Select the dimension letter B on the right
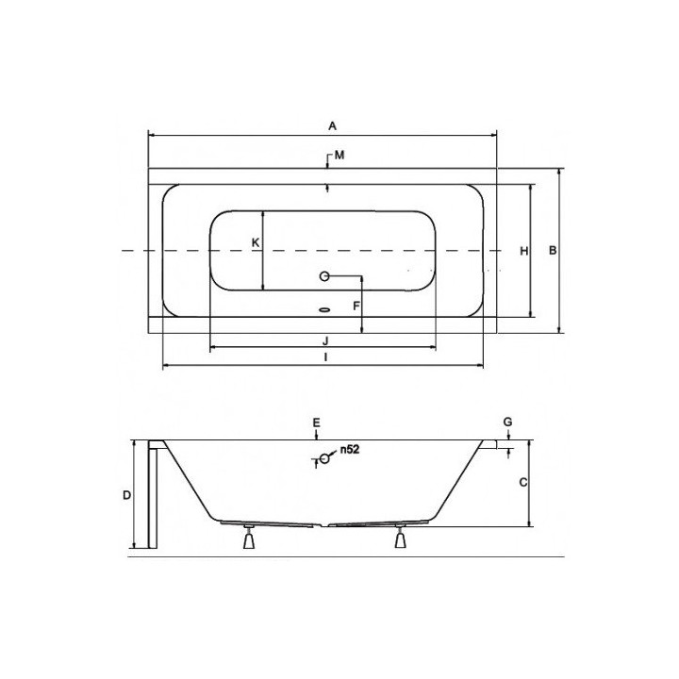coord(555,250)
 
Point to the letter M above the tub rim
coord(339,155)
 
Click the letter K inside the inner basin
coord(255,243)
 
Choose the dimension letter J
coord(323,339)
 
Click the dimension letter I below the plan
coord(323,357)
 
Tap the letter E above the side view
coord(317,421)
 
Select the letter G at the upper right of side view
coord(507,421)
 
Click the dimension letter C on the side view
coord(522,482)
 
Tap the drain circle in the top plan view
coord(325,276)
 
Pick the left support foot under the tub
coord(249,540)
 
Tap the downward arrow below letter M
coord(326,187)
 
